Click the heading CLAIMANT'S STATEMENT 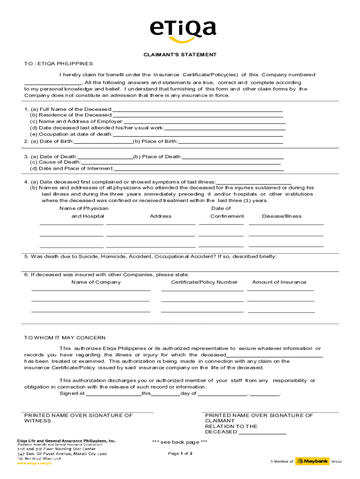[x=180, y=55]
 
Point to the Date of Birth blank [x=103, y=142]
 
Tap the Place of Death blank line [x=233, y=157]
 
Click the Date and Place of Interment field [x=198, y=168]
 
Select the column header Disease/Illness [x=281, y=216]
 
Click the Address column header [x=160, y=216]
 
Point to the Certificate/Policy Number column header [x=204, y=282]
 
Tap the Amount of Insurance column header [x=279, y=282]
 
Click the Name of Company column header [x=96, y=282]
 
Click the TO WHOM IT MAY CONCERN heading [x=65, y=338]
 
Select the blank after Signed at [x=114, y=393]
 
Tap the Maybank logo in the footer [x=312, y=461]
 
